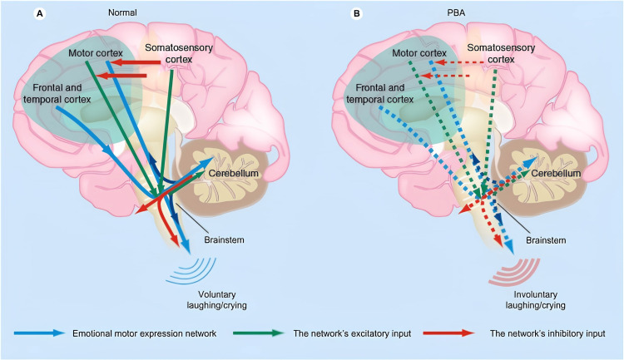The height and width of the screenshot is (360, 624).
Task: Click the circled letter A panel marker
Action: point(39,13)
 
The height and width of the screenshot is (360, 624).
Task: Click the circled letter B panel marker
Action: point(357,13)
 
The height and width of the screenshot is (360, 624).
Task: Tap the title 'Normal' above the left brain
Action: point(122,12)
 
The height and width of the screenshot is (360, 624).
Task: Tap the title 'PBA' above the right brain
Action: point(456,12)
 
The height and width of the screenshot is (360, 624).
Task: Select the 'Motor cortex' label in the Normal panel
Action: point(96,53)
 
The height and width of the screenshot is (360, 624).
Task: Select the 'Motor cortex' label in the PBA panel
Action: point(419,53)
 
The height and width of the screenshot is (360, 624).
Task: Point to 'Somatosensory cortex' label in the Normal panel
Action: point(179,53)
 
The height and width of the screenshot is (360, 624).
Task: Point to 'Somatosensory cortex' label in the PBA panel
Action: point(501,53)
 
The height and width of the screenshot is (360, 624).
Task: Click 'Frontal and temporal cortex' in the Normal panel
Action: point(57,93)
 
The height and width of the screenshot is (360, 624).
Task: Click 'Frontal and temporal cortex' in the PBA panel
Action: point(380,93)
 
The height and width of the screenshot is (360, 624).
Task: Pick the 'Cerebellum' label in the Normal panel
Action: point(234,174)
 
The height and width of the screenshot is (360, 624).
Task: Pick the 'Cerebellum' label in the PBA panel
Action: point(556,174)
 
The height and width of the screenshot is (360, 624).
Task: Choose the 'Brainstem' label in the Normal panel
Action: point(224,240)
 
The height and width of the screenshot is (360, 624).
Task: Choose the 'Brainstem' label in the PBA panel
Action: point(546,240)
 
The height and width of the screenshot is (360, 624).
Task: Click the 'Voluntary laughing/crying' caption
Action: point(217,300)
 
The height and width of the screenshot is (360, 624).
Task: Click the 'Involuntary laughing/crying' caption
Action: point(536,300)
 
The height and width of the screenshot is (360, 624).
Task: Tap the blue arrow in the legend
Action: point(39,333)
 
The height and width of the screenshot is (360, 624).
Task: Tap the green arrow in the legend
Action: point(259,333)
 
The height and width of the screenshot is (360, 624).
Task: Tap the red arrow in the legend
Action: point(449,333)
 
